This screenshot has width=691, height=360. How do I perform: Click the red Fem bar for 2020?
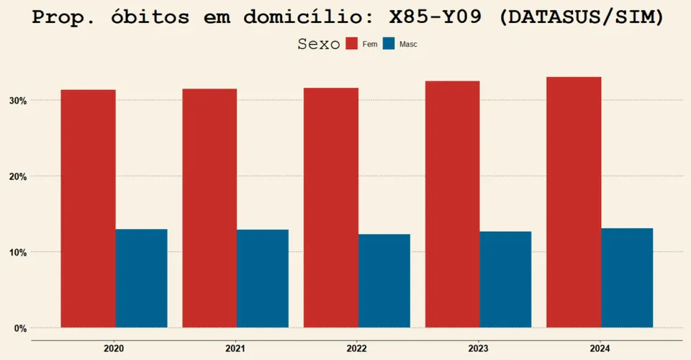[88, 209]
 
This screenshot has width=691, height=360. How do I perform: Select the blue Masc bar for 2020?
[142, 279]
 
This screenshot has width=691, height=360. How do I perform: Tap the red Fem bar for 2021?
[209, 208]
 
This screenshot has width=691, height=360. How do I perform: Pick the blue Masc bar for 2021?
[263, 279]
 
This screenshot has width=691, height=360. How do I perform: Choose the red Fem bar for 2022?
[331, 208]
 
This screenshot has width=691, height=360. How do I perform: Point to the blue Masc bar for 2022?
[384, 281]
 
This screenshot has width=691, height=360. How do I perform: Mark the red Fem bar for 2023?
[453, 204]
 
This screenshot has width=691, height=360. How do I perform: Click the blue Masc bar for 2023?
[505, 280]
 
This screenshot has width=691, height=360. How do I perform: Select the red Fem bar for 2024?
[574, 203]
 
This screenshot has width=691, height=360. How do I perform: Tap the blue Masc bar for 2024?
[627, 278]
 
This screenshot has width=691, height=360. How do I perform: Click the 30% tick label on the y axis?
[18, 101]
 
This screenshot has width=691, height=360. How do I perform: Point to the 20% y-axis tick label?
[18, 176]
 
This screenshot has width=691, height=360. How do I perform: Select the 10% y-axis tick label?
[18, 253]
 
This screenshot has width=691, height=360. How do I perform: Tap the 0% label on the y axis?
[21, 329]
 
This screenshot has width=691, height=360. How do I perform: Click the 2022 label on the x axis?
[356, 348]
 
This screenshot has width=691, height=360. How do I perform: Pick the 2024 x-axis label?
[600, 348]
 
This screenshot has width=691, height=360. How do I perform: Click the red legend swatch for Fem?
[352, 44]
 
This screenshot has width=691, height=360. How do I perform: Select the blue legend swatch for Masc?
[389, 44]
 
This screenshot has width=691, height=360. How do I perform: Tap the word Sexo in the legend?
[319, 44]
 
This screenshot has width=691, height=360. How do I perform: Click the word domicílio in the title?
[308, 17]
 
